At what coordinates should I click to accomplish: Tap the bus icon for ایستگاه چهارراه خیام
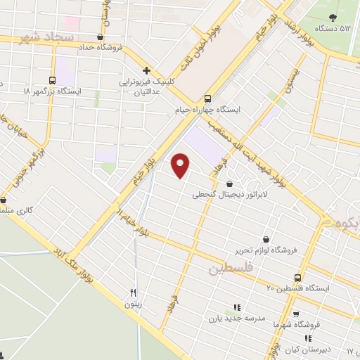point(207,99)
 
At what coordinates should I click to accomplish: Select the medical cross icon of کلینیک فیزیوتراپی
point(146,70)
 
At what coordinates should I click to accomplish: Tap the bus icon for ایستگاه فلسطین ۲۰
point(298,277)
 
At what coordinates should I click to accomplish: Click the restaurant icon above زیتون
point(133,292)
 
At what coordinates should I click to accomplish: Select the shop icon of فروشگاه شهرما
point(295,314)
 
